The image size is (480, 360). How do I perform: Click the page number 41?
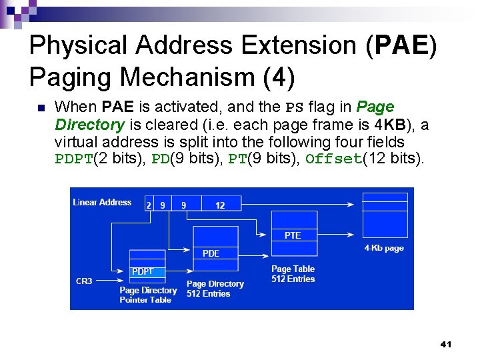446,345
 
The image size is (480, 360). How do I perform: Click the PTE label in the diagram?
293,235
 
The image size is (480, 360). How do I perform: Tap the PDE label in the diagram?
211,253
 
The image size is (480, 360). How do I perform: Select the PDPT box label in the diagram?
143,271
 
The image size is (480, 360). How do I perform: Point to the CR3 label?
84,281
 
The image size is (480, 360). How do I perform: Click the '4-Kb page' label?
384,248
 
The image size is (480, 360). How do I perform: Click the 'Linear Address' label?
102,203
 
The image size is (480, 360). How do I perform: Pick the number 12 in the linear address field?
220,205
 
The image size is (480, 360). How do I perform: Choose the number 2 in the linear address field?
149,205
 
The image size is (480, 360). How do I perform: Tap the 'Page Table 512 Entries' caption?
293,274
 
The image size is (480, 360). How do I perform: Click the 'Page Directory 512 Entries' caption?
215,289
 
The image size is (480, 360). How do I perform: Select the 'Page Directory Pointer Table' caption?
147,295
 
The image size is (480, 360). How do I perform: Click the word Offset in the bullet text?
333,159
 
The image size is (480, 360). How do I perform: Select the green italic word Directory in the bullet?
89,125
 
